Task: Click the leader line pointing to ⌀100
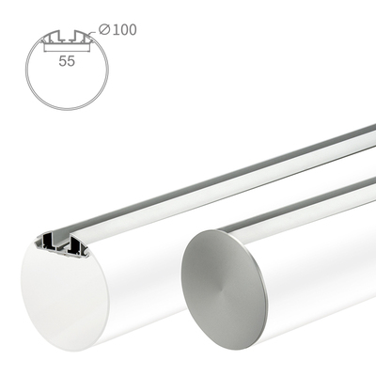[94, 34]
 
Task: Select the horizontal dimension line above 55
[65, 48]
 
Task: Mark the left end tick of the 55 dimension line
[41, 48]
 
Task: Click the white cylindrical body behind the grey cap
[320, 282]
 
